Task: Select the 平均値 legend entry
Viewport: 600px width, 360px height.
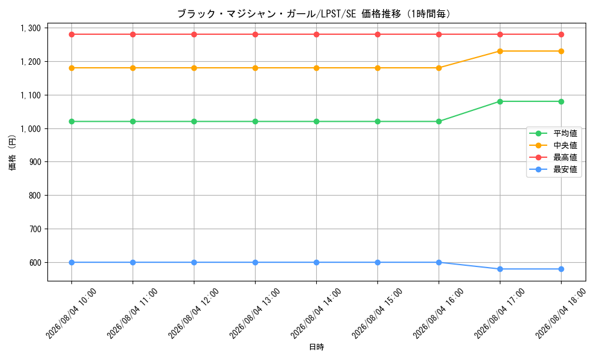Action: point(553,133)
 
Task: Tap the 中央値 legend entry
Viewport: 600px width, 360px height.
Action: point(553,145)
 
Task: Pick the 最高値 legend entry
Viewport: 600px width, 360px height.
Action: point(553,157)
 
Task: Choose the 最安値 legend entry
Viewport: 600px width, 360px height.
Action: point(553,169)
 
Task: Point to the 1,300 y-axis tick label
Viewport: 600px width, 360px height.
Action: point(31,28)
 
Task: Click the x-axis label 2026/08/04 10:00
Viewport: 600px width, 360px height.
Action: point(71,313)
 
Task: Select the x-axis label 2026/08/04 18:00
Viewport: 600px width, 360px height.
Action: point(560,313)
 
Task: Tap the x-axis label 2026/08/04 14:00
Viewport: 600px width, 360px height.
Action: point(316,313)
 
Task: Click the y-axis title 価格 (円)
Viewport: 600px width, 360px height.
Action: point(13,152)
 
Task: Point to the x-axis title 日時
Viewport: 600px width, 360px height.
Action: point(316,347)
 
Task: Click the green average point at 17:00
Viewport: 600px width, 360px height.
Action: point(500,101)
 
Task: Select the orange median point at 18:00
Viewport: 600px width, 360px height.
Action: point(561,51)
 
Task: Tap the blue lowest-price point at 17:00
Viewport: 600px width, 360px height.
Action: point(500,269)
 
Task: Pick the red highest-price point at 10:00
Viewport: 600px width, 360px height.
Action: point(71,34)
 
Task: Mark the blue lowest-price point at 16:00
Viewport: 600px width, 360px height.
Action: point(439,262)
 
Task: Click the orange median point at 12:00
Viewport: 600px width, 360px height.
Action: point(194,68)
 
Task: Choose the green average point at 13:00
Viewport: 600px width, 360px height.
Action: point(255,122)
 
